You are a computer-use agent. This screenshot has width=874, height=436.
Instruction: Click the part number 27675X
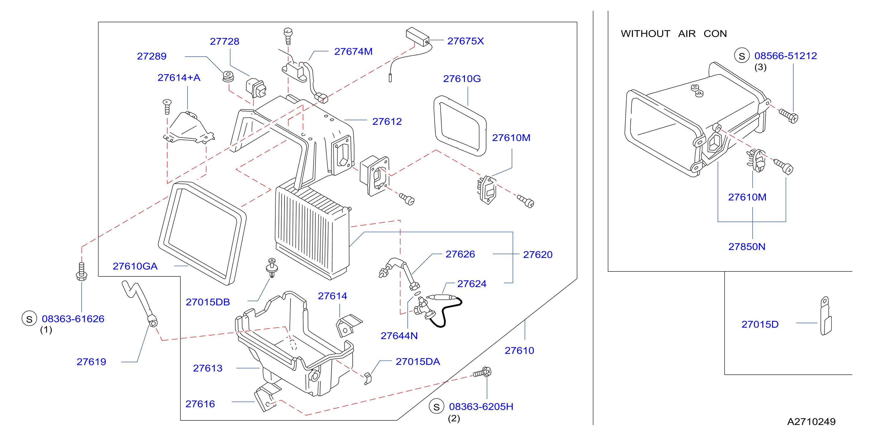(466, 41)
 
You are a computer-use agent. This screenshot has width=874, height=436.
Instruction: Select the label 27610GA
(135, 266)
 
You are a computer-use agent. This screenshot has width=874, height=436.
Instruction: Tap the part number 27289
(152, 56)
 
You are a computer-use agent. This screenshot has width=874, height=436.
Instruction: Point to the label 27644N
(399, 336)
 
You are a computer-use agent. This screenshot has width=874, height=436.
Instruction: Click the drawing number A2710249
(811, 422)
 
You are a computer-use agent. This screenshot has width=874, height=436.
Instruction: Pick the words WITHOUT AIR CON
(674, 34)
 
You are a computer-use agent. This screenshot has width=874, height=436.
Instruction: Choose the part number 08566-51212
(786, 56)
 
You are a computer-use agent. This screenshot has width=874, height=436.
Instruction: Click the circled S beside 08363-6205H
(437, 407)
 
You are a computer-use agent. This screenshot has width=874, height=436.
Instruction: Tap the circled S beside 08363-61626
(29, 318)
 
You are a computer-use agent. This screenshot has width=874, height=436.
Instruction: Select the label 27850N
(747, 247)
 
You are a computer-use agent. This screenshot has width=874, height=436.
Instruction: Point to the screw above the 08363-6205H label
(483, 372)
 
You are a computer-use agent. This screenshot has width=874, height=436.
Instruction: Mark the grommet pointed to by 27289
(228, 76)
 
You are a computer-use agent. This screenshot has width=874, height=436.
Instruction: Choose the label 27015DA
(418, 362)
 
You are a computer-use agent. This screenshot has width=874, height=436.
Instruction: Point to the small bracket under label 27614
(349, 326)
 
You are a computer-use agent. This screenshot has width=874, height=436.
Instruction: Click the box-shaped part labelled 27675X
(417, 37)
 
